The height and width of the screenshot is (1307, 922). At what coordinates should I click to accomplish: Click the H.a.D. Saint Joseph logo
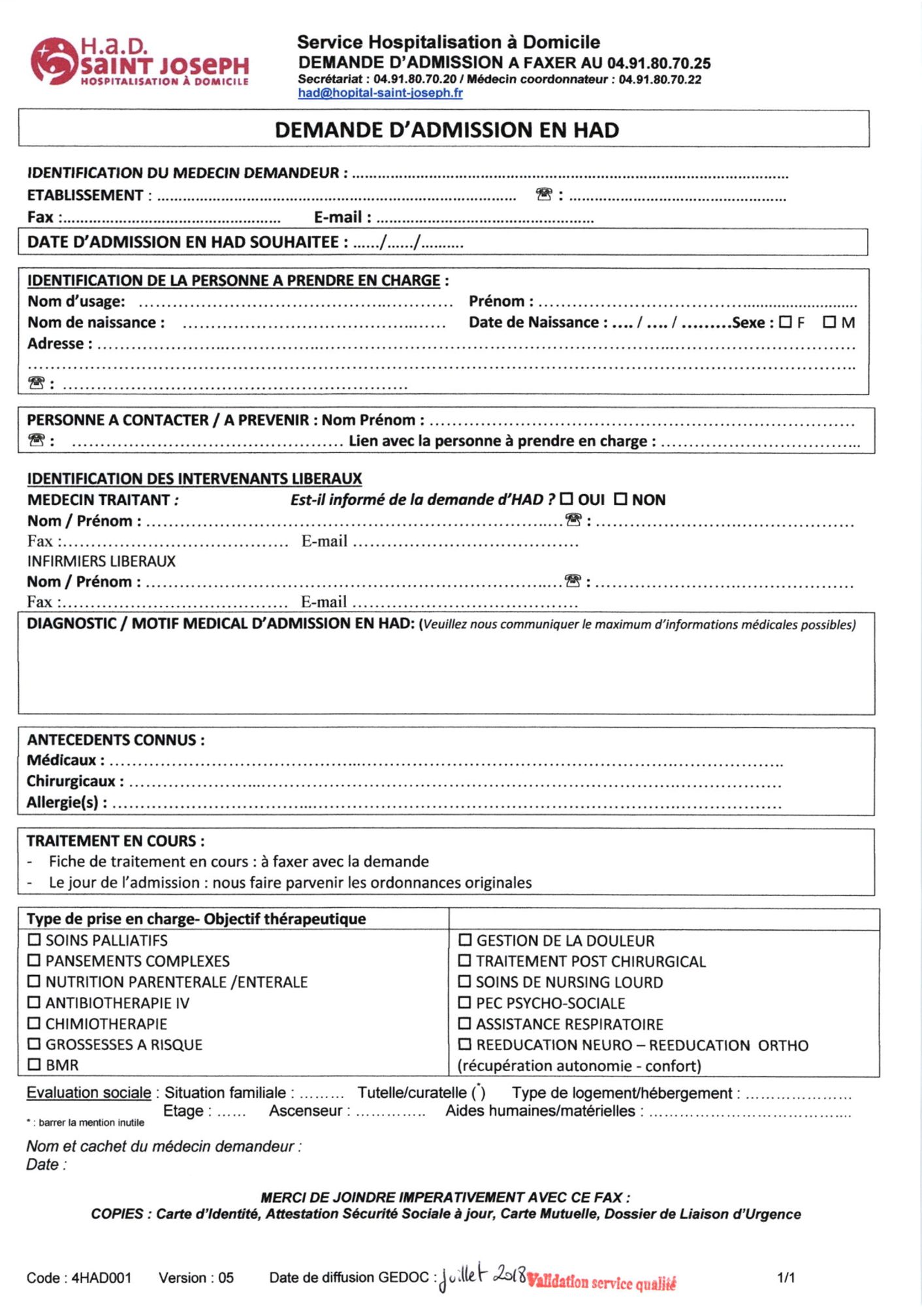140,62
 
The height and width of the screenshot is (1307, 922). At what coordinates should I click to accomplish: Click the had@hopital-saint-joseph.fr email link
380,93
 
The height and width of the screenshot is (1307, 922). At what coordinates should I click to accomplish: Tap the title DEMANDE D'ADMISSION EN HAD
447,130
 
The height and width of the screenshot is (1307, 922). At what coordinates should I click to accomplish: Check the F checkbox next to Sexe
786,322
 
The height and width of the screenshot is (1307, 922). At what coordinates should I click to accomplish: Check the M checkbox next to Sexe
829,322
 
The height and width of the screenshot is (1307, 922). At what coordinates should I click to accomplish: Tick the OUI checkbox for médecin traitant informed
566,500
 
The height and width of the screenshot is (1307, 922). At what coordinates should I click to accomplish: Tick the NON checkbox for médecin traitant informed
620,500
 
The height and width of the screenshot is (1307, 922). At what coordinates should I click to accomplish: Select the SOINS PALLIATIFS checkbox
34,940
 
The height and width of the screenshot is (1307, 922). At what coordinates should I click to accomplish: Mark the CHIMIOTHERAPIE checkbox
34,1023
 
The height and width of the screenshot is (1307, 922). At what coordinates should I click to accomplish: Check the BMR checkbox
34,1065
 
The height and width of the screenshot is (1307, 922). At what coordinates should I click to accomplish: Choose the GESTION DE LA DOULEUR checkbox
465,940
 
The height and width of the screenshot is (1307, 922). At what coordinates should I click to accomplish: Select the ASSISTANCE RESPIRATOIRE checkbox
465,1023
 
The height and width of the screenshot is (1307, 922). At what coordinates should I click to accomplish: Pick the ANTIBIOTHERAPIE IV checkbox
34,1002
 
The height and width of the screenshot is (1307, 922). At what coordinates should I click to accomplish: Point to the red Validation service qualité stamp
601,1282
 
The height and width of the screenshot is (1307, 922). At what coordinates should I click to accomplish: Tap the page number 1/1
786,1278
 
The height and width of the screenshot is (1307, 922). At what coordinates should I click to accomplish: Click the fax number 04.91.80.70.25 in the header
659,63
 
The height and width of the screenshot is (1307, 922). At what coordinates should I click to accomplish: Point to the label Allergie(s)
67,802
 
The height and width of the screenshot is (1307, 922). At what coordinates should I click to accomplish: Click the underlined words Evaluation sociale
89,1093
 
